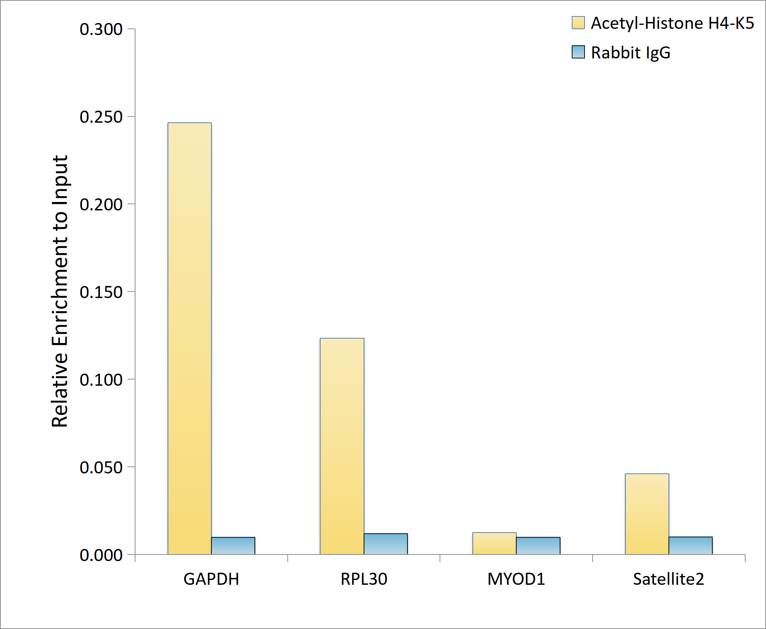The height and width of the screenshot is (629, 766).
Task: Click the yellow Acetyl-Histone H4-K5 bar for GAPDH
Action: (189, 338)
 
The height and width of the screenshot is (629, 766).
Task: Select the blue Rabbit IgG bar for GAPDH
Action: (233, 546)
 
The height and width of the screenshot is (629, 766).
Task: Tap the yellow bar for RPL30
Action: (342, 446)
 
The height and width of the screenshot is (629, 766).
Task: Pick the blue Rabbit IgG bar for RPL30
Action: (386, 544)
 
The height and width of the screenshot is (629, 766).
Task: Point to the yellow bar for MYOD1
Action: (494, 543)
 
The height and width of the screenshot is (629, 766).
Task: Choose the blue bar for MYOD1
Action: (538, 546)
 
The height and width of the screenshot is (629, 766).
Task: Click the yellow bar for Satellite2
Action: (647, 514)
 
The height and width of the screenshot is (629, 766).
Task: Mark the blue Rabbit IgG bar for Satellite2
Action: (690, 545)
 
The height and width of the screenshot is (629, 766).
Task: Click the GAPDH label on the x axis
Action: (211, 579)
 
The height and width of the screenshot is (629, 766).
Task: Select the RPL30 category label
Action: (364, 579)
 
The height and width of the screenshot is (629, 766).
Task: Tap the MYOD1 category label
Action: (516, 579)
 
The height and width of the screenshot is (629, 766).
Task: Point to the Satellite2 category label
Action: (669, 579)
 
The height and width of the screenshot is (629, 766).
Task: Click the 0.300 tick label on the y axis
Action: (101, 29)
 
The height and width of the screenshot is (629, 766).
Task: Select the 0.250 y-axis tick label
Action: (101, 117)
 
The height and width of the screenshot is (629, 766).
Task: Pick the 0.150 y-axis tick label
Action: (101, 292)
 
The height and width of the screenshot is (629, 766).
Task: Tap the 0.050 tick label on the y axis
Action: (101, 467)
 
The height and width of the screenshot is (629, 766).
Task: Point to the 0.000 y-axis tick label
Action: (101, 555)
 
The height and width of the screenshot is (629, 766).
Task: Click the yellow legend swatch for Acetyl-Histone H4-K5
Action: (578, 23)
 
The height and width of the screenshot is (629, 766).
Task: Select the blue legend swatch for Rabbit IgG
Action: (578, 52)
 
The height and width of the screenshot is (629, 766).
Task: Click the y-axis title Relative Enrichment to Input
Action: (60, 291)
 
